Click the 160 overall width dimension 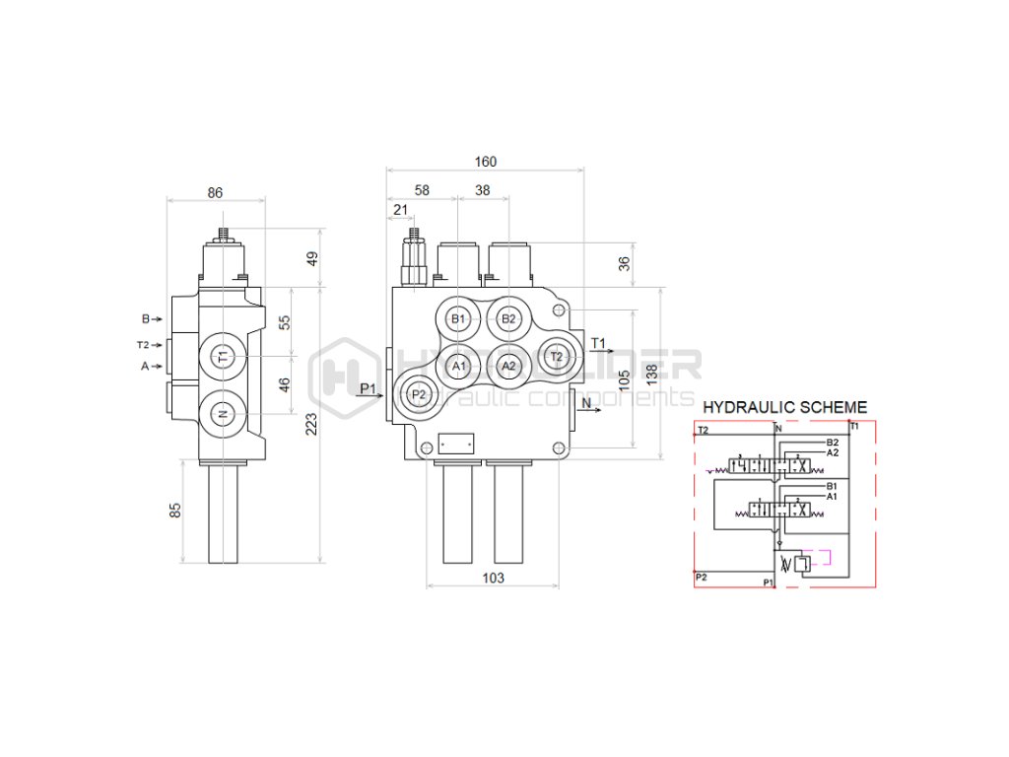click(x=486, y=162)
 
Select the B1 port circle click(x=457, y=318)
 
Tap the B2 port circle click(x=508, y=318)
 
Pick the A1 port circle click(x=457, y=366)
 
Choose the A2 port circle click(x=508, y=366)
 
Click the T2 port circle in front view click(x=557, y=356)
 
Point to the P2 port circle click(x=419, y=394)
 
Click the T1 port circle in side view click(x=223, y=356)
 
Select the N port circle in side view click(x=223, y=414)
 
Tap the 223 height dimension click(x=311, y=424)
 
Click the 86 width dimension click(x=215, y=193)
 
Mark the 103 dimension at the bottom click(x=493, y=579)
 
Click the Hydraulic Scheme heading click(x=784, y=406)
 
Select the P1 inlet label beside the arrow click(x=369, y=387)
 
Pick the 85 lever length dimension click(x=175, y=511)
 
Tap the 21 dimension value click(x=400, y=209)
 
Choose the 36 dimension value click(x=622, y=263)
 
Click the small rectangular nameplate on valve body click(x=455, y=445)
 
